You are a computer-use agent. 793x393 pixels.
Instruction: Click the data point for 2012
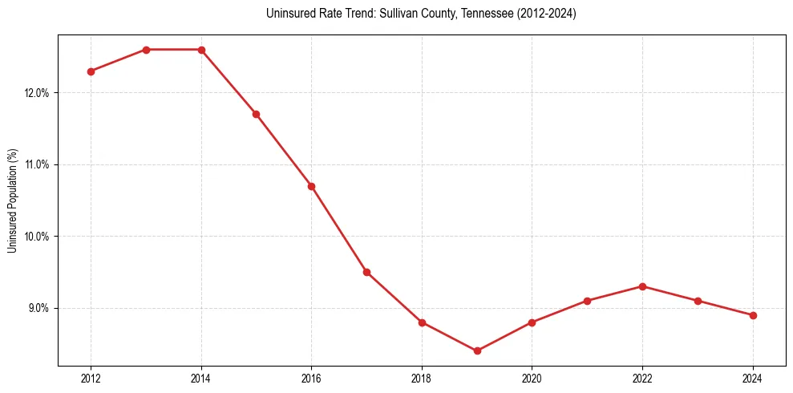tap(91, 71)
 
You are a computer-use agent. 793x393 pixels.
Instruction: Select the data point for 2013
tap(146, 50)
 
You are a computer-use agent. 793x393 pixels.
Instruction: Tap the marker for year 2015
tap(256, 114)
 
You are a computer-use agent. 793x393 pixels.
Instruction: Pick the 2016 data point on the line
tap(311, 186)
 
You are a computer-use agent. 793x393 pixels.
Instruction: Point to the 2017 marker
tap(366, 272)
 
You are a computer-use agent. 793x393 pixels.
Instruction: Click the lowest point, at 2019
tap(477, 350)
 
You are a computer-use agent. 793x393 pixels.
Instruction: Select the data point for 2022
tap(642, 286)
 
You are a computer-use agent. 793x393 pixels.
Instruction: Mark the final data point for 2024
tap(753, 315)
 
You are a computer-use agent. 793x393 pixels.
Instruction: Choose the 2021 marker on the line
tap(587, 301)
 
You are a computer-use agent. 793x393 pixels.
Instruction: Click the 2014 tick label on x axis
tap(201, 379)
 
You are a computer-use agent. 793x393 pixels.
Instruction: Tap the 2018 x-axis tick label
tap(422, 379)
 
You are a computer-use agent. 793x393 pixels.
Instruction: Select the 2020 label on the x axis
tap(532, 379)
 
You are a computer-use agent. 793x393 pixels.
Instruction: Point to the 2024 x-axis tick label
tap(753, 379)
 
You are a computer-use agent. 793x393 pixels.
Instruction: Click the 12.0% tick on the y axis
tap(38, 93)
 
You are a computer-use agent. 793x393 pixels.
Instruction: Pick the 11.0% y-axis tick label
tap(38, 164)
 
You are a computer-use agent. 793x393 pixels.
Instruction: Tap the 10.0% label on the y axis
tap(38, 237)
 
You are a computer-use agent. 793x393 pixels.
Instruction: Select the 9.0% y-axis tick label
tap(39, 308)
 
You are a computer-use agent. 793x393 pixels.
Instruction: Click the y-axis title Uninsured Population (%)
tap(12, 201)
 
